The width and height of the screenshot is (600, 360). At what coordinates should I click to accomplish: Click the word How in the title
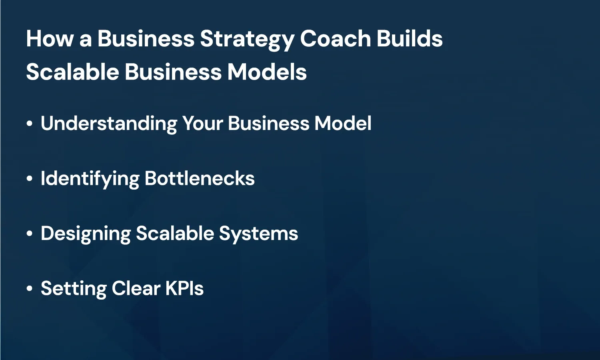(x=50, y=39)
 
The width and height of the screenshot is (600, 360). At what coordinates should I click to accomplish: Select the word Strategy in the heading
(x=247, y=40)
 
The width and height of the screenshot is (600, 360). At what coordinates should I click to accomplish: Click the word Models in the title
(x=267, y=72)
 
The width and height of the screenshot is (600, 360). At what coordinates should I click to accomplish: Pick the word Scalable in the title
(x=72, y=72)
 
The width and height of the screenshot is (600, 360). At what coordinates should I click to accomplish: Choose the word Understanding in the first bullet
(x=108, y=124)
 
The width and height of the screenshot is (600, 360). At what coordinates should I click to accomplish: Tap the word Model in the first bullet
(x=343, y=124)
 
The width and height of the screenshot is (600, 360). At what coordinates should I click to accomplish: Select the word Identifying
(x=90, y=179)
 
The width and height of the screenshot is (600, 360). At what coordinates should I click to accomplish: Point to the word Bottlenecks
(x=200, y=178)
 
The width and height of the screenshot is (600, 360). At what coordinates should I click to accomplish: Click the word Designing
(x=85, y=234)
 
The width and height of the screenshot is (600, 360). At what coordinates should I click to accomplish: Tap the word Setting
(x=74, y=289)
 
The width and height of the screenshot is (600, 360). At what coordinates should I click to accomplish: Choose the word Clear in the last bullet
(x=136, y=288)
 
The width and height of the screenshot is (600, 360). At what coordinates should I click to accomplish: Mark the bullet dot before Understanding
(x=29, y=124)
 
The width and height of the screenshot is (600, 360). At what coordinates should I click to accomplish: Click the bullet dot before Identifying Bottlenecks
(x=29, y=179)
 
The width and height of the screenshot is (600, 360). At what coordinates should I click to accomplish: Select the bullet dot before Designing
(x=29, y=234)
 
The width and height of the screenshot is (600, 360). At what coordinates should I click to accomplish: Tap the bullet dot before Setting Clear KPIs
(x=29, y=288)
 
